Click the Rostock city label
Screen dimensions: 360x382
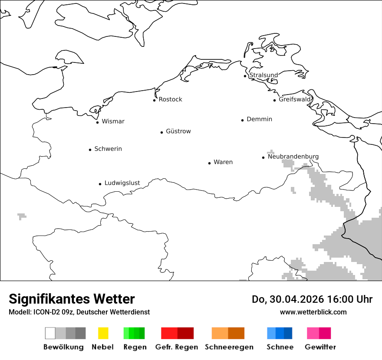pos(170,99)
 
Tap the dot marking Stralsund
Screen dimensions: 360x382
pos(245,76)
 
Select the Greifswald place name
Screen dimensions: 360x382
pos(295,99)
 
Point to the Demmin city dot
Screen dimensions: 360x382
pos(243,120)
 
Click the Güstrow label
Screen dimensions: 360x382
pos(178,131)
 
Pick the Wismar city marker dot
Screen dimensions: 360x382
pos(98,122)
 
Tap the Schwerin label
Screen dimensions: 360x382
pos(108,149)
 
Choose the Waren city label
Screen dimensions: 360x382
pos(223,162)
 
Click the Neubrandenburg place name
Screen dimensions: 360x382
pos(293,157)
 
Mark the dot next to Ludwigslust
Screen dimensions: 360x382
pos(100,184)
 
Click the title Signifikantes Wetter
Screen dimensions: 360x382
pos(72,299)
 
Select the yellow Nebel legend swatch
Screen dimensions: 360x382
pos(103,333)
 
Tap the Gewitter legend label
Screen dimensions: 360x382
pos(320,347)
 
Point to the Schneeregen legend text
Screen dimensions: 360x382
pos(229,347)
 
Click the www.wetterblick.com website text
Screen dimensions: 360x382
pos(313,312)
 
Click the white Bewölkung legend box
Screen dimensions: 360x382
pos(50,333)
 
